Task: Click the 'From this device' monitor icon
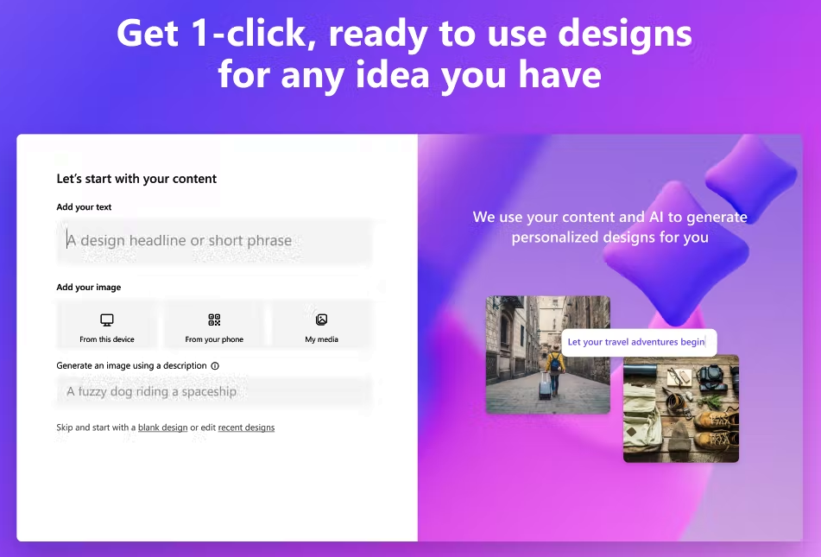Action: point(107,320)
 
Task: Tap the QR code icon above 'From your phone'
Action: point(214,320)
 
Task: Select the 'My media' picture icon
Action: point(321,320)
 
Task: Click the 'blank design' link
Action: point(162,427)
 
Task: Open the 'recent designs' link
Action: point(246,427)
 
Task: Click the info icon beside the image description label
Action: point(215,366)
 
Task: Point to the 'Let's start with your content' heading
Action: point(136,179)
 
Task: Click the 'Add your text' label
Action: point(84,207)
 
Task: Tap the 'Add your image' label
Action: point(88,288)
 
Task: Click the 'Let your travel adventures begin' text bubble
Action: point(636,342)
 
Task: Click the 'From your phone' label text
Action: point(214,339)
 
